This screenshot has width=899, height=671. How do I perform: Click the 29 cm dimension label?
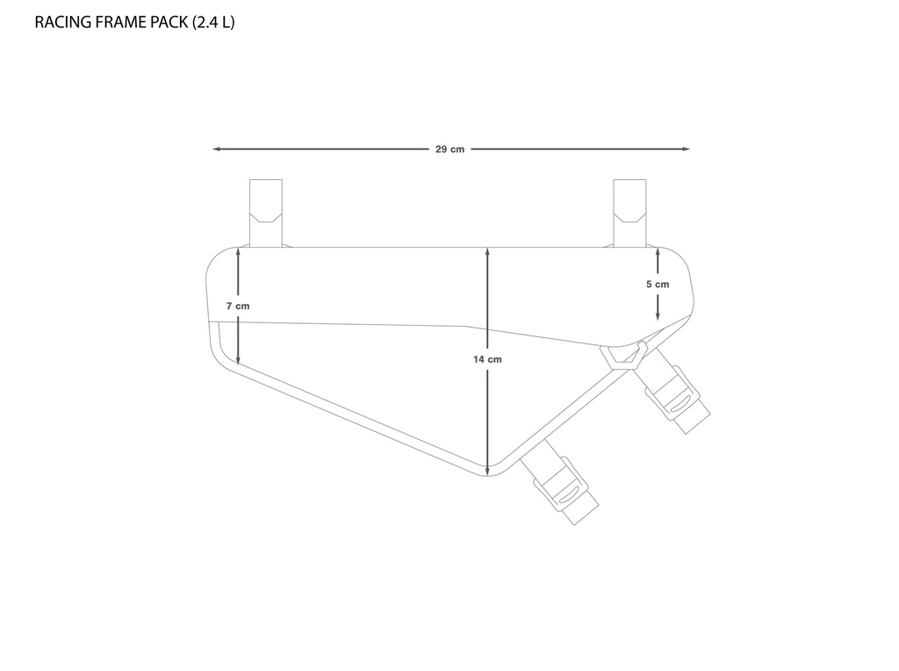pyautogui.click(x=449, y=149)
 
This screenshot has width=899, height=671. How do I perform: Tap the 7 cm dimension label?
pyautogui.click(x=238, y=306)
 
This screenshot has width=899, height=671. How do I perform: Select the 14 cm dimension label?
pyautogui.click(x=487, y=359)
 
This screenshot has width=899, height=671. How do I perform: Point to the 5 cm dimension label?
pyautogui.click(x=658, y=284)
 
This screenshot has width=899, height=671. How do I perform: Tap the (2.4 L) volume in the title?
pyautogui.click(x=213, y=22)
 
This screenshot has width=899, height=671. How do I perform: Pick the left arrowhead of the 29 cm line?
pyautogui.click(x=216, y=149)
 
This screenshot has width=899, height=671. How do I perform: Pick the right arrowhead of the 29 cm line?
pyautogui.click(x=686, y=149)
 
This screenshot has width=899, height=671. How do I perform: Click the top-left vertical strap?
pyautogui.click(x=265, y=213)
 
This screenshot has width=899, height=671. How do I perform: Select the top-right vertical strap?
pyautogui.click(x=629, y=213)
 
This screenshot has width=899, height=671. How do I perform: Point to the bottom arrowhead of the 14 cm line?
pyautogui.click(x=487, y=470)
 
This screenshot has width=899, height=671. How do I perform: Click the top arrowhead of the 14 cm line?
pyautogui.click(x=487, y=252)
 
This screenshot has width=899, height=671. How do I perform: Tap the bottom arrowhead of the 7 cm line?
pyautogui.click(x=238, y=359)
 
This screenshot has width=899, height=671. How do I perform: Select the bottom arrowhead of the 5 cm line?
pyautogui.click(x=658, y=314)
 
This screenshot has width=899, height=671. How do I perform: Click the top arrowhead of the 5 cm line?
pyautogui.click(x=658, y=253)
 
